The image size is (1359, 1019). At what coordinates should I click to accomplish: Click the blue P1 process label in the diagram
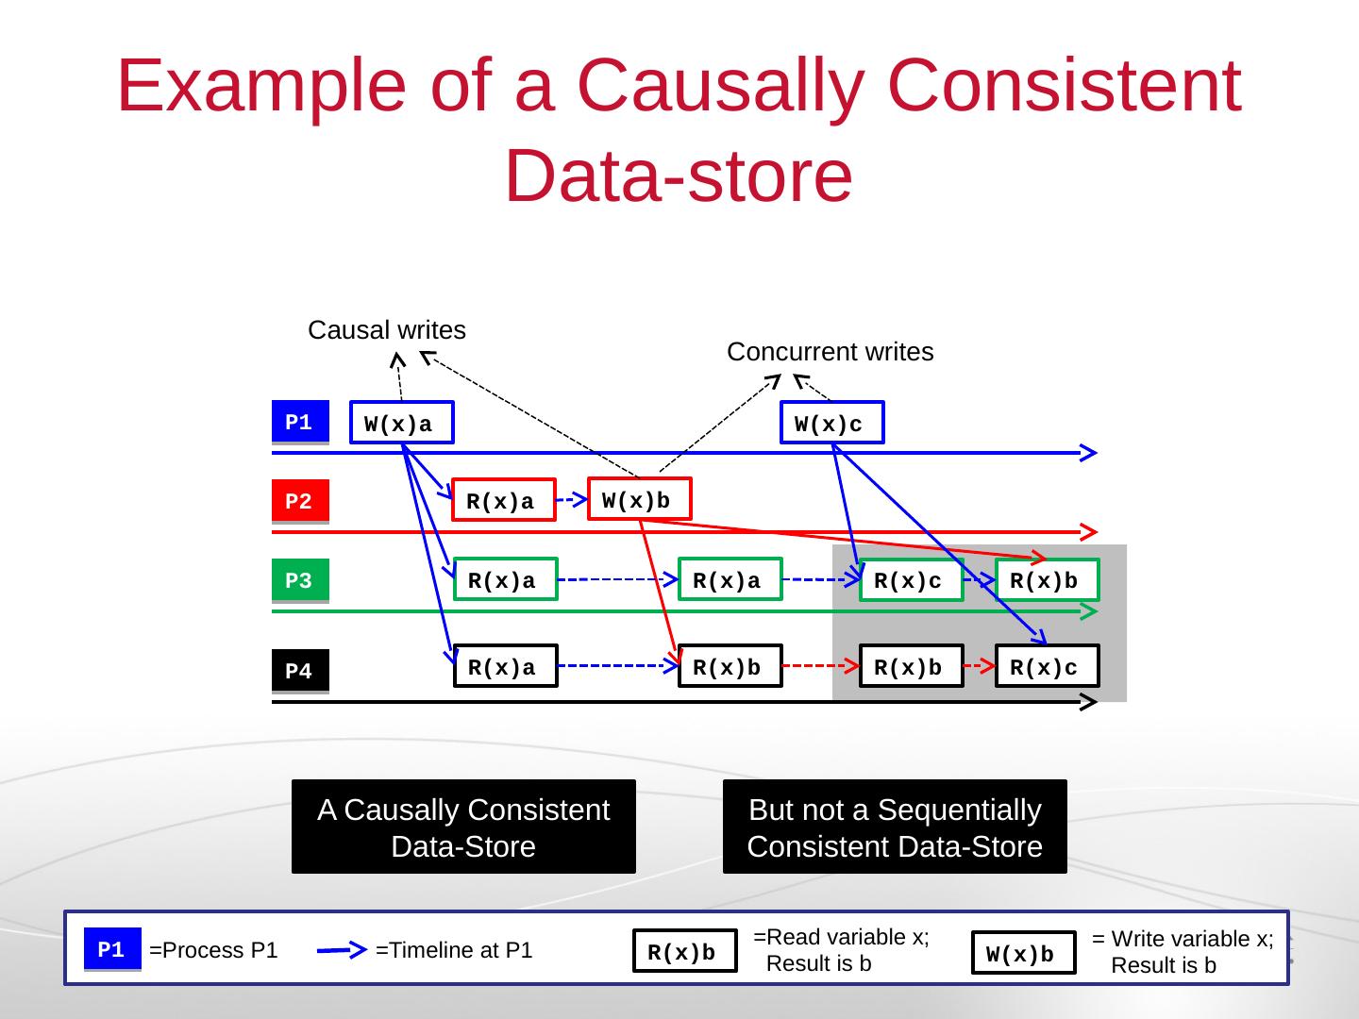coord(300,422)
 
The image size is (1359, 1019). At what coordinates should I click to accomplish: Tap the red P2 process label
coord(300,500)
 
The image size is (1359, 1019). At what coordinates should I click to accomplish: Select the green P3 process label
coord(300,579)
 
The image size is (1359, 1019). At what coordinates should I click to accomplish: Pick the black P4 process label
coord(300,671)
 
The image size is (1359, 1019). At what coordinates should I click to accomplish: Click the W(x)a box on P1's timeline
coord(402,423)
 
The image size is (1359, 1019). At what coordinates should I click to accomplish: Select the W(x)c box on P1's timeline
coord(832,423)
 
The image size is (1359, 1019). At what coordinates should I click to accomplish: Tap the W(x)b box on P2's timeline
coord(640,499)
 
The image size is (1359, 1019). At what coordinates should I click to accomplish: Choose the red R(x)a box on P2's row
coord(504,500)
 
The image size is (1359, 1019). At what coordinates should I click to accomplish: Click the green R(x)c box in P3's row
coord(912,579)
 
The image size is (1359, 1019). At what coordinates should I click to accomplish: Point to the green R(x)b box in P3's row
coord(1048,579)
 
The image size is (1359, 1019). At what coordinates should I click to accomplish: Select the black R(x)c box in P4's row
coord(1048,666)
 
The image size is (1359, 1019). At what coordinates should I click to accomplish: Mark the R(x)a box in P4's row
coord(506,666)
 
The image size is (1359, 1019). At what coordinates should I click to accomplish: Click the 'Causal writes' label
coord(387,330)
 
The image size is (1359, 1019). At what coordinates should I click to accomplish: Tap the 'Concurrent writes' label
coord(830,351)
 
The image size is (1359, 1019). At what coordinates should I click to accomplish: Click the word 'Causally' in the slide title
coord(721,87)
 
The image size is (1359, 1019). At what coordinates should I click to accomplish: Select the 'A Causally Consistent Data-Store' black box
coord(463,827)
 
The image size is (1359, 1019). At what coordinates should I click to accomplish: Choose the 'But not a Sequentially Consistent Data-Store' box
coord(896,827)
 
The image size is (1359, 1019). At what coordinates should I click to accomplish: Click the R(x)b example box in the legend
coord(685,951)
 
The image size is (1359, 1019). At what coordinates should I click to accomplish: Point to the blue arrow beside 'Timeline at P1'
coord(342,950)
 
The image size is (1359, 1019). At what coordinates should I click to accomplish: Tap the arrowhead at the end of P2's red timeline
coord(1089,531)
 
